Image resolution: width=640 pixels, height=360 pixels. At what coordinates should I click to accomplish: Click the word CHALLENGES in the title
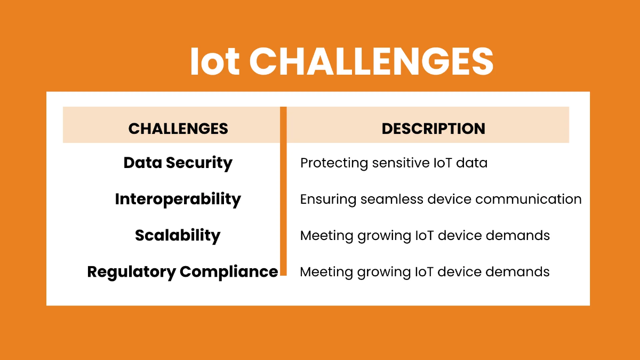(371, 62)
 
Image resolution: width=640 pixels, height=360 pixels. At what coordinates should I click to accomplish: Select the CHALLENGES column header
(178, 129)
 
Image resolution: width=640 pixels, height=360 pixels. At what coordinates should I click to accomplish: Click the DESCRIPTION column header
(433, 129)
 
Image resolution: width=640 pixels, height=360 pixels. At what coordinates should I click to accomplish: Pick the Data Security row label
(178, 163)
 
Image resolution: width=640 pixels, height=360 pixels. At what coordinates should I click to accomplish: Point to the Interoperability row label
(178, 199)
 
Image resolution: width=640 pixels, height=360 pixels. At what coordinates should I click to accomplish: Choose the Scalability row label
(178, 235)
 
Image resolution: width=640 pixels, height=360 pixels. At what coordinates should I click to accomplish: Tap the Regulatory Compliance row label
(182, 271)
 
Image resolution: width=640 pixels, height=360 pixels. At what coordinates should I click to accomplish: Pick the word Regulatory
(131, 271)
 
